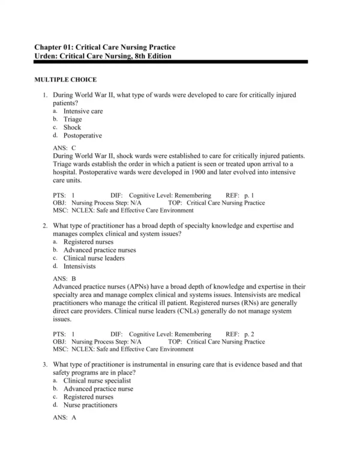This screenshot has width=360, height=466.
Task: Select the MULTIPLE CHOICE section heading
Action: click(65, 79)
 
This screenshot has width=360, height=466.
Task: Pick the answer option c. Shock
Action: click(72, 127)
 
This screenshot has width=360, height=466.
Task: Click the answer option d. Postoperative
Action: click(82, 136)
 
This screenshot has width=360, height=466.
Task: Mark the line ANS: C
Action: click(64, 147)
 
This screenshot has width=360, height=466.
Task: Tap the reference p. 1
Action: click(248, 196)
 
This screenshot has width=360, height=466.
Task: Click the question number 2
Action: click(45, 226)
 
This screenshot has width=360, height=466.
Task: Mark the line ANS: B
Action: click(64, 279)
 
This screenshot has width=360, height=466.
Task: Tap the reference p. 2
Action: click(248, 334)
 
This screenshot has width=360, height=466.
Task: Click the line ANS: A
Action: click(64, 417)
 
